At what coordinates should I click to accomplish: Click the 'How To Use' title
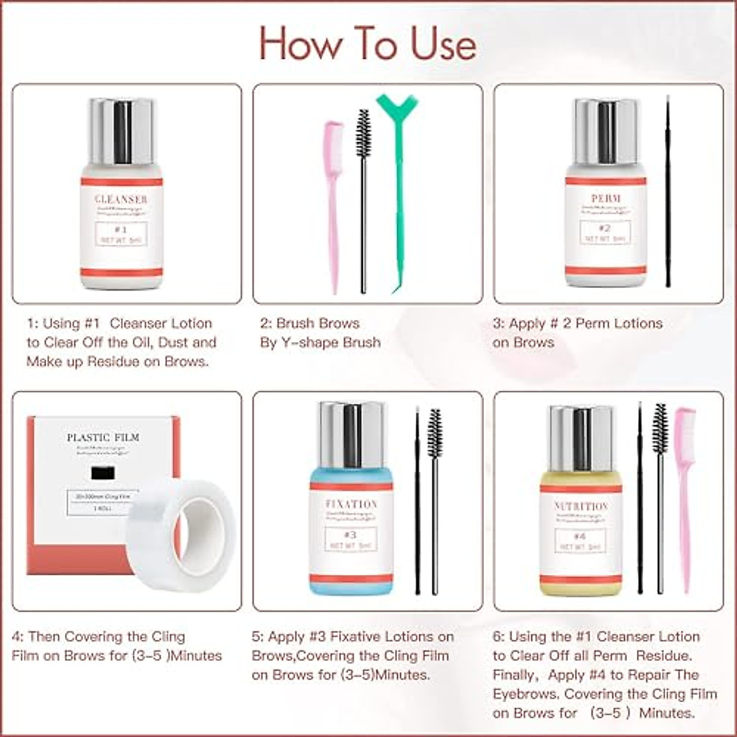coord(367,44)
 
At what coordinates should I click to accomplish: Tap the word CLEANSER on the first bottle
coord(121,199)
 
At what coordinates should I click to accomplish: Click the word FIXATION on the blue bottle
coord(351,504)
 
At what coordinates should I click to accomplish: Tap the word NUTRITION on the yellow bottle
coord(581,506)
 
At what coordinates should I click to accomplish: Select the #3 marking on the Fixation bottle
coord(350,534)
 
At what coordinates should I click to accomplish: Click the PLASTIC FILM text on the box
coord(103,437)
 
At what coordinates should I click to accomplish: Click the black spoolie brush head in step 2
coord(364,133)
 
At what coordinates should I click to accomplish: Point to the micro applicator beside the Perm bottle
coord(668,190)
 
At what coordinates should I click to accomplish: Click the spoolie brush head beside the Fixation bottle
coord(435,433)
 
